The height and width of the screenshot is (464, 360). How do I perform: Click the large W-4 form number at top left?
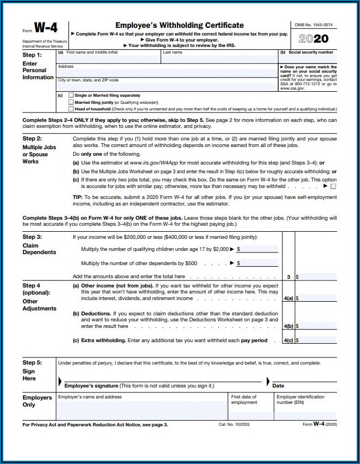(46, 28)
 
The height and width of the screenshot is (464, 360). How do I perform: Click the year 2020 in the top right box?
(314, 39)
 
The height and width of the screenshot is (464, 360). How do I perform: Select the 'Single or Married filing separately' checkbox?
(70, 96)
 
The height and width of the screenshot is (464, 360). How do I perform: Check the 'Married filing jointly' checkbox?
(70, 102)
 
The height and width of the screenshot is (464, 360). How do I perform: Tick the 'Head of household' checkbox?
(70, 109)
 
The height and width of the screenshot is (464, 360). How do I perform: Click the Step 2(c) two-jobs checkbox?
(333, 186)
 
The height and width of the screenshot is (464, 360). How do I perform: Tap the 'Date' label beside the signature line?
(278, 386)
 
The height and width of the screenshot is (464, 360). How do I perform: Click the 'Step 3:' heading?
(32, 237)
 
